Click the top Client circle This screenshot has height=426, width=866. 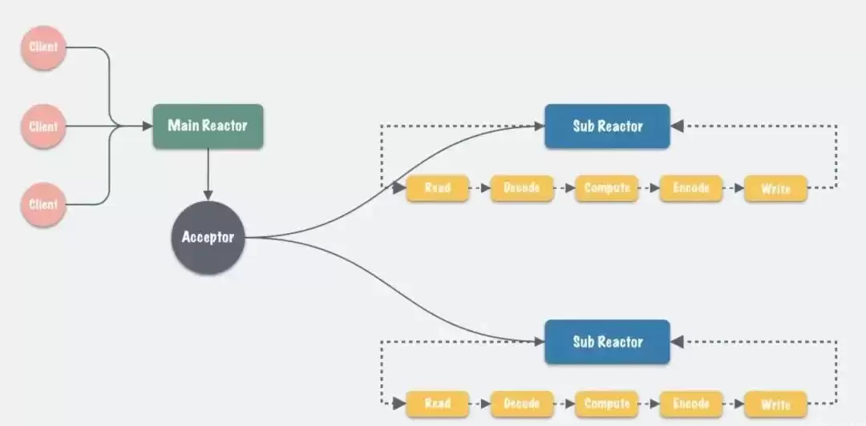coord(43,47)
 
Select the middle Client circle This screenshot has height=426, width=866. coord(43,127)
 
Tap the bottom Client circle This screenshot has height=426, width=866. coord(43,204)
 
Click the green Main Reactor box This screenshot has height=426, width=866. coord(208,126)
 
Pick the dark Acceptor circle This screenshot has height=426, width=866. coord(208,237)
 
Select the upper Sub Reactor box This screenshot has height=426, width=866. coord(607,126)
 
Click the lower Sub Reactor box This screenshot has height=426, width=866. coord(607,342)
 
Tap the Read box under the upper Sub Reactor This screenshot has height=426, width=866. coord(437,188)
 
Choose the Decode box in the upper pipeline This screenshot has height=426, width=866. coord(521,188)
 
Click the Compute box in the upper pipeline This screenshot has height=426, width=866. coord(606,188)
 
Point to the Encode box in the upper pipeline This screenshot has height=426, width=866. coord(690,188)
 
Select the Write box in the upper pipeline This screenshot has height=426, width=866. coord(775,188)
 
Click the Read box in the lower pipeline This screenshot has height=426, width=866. coord(437,404)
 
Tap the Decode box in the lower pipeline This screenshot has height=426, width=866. coord(521,404)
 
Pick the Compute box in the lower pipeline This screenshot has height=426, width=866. coord(606,404)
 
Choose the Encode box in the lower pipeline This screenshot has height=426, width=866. coord(690,404)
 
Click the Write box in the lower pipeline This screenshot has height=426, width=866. coord(775,404)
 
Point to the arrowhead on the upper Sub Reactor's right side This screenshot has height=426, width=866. coord(677,126)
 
